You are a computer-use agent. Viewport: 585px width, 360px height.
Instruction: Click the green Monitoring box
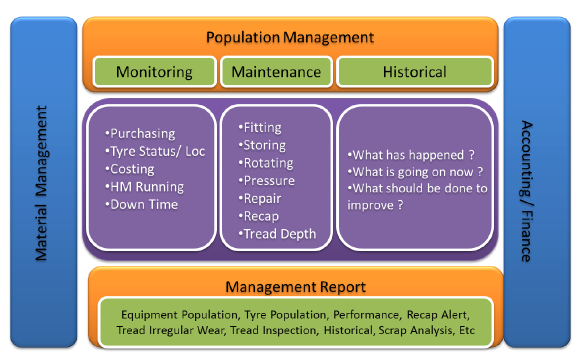click(x=154, y=71)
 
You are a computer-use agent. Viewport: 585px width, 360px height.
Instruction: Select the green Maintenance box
click(x=276, y=71)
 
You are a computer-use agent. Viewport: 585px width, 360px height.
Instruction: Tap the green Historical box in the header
click(x=415, y=71)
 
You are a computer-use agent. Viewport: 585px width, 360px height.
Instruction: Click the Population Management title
click(x=290, y=37)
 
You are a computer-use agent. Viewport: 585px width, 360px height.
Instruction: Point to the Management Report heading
click(x=295, y=287)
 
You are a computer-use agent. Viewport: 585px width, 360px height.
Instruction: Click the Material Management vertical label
click(x=41, y=183)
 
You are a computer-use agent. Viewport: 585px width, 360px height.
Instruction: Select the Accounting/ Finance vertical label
click(x=526, y=191)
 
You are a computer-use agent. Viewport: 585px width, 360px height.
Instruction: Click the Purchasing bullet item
click(x=140, y=133)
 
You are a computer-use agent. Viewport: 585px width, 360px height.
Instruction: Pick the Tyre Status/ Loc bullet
click(x=155, y=151)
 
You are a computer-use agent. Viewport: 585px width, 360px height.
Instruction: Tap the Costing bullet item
click(x=129, y=169)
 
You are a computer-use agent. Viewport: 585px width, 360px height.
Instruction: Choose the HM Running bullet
click(x=144, y=186)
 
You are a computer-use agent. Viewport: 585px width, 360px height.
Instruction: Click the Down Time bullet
click(x=141, y=204)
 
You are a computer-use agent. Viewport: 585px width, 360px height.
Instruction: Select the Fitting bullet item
click(x=259, y=127)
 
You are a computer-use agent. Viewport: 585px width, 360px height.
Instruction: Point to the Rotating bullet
click(x=265, y=163)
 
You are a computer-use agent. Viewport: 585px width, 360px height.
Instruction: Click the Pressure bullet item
click(x=266, y=180)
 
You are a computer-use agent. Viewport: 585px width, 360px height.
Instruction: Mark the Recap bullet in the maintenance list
click(x=258, y=216)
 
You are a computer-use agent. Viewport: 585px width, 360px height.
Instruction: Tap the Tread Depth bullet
click(x=277, y=234)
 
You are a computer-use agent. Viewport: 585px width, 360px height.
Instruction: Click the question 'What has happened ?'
click(x=411, y=155)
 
